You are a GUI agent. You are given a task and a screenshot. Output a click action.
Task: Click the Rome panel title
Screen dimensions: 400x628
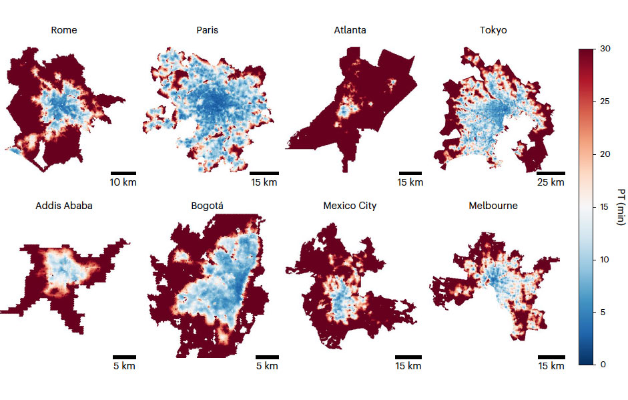pos(64,30)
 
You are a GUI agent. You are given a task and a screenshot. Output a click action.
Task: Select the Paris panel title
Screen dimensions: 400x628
pos(207,30)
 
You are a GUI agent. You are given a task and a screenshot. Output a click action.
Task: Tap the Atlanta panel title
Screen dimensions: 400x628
pos(350,30)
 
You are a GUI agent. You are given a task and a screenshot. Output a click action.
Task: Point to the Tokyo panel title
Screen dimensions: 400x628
pos(493,30)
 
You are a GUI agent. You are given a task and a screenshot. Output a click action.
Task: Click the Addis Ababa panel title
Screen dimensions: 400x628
pos(64,206)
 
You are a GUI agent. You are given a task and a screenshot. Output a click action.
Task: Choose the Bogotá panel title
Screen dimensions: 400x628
pos(207,206)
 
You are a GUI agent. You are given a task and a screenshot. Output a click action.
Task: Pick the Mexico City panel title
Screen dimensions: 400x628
pos(350,206)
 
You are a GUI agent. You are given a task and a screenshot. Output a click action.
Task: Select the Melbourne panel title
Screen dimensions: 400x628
pos(493,206)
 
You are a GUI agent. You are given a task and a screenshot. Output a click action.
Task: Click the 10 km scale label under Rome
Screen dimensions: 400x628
pos(123,182)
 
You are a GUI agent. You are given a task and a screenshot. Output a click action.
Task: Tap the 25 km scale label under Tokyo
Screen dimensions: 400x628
pos(551,182)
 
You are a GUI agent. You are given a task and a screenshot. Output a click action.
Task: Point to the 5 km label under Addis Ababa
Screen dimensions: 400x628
pos(123,366)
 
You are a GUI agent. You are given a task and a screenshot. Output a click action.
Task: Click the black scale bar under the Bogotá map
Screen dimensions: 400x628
pos(267,357)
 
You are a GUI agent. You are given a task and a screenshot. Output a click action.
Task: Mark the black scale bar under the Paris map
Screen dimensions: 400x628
pos(265,173)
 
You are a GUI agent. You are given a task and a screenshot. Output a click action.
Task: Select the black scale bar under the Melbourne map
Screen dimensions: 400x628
pos(551,357)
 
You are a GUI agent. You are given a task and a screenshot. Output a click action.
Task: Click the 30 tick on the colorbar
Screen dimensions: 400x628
pos(604,49)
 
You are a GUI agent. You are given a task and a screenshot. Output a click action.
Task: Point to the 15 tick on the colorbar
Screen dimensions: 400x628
pos(604,207)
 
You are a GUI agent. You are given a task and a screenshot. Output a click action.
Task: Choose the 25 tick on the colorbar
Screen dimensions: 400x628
pos(604,102)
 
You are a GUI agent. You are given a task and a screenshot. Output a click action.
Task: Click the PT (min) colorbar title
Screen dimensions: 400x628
pos(620,207)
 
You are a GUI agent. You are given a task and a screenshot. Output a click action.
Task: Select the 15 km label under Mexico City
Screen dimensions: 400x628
pos(408,366)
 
